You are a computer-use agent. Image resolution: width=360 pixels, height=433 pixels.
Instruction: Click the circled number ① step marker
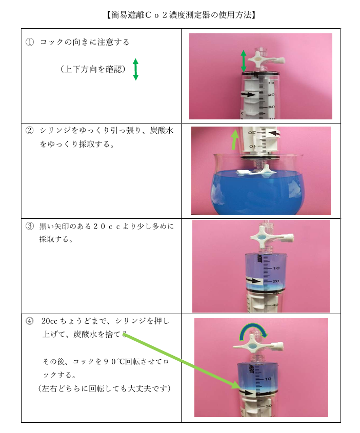point(30,42)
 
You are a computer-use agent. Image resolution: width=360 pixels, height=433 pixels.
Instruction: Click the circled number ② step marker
point(30,130)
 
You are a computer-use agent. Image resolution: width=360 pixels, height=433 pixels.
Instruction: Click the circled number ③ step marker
point(30,226)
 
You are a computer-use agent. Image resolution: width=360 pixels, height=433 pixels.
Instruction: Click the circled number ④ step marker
point(30,321)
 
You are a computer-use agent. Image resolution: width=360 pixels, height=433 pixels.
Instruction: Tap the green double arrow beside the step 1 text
point(135,69)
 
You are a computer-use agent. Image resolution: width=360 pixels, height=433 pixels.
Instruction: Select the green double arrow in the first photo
point(244,61)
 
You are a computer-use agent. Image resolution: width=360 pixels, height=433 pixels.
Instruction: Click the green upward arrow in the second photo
point(234,139)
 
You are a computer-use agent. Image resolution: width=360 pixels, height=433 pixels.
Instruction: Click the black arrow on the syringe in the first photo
point(248,95)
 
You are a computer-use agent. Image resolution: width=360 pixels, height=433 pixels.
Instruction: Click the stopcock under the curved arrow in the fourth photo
point(258,346)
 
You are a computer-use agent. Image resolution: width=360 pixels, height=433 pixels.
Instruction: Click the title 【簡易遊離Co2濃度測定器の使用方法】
point(181,15)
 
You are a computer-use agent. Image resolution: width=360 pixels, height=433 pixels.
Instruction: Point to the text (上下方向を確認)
point(93,69)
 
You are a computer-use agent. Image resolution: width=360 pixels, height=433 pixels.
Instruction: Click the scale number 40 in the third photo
point(275,305)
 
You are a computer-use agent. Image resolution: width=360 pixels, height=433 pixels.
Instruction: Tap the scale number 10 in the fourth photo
point(268,379)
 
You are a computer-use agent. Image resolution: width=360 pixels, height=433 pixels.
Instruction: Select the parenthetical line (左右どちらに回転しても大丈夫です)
point(105,388)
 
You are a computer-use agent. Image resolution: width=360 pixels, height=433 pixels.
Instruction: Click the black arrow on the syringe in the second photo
point(273,134)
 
